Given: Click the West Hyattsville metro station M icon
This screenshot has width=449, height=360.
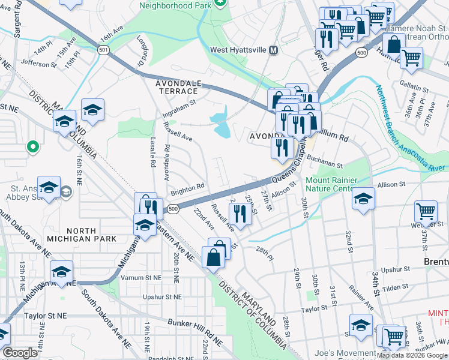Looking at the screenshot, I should point(274,50).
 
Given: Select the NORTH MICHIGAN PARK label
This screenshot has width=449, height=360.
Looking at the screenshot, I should point(82,235).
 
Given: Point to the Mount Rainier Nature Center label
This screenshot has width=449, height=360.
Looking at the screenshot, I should point(332,184).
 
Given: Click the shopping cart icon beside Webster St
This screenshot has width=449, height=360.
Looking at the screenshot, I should point(426,212).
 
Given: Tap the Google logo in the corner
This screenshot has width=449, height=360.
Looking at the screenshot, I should point(20,353).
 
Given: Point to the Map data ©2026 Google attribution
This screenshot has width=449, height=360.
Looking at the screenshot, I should point(412,355).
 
